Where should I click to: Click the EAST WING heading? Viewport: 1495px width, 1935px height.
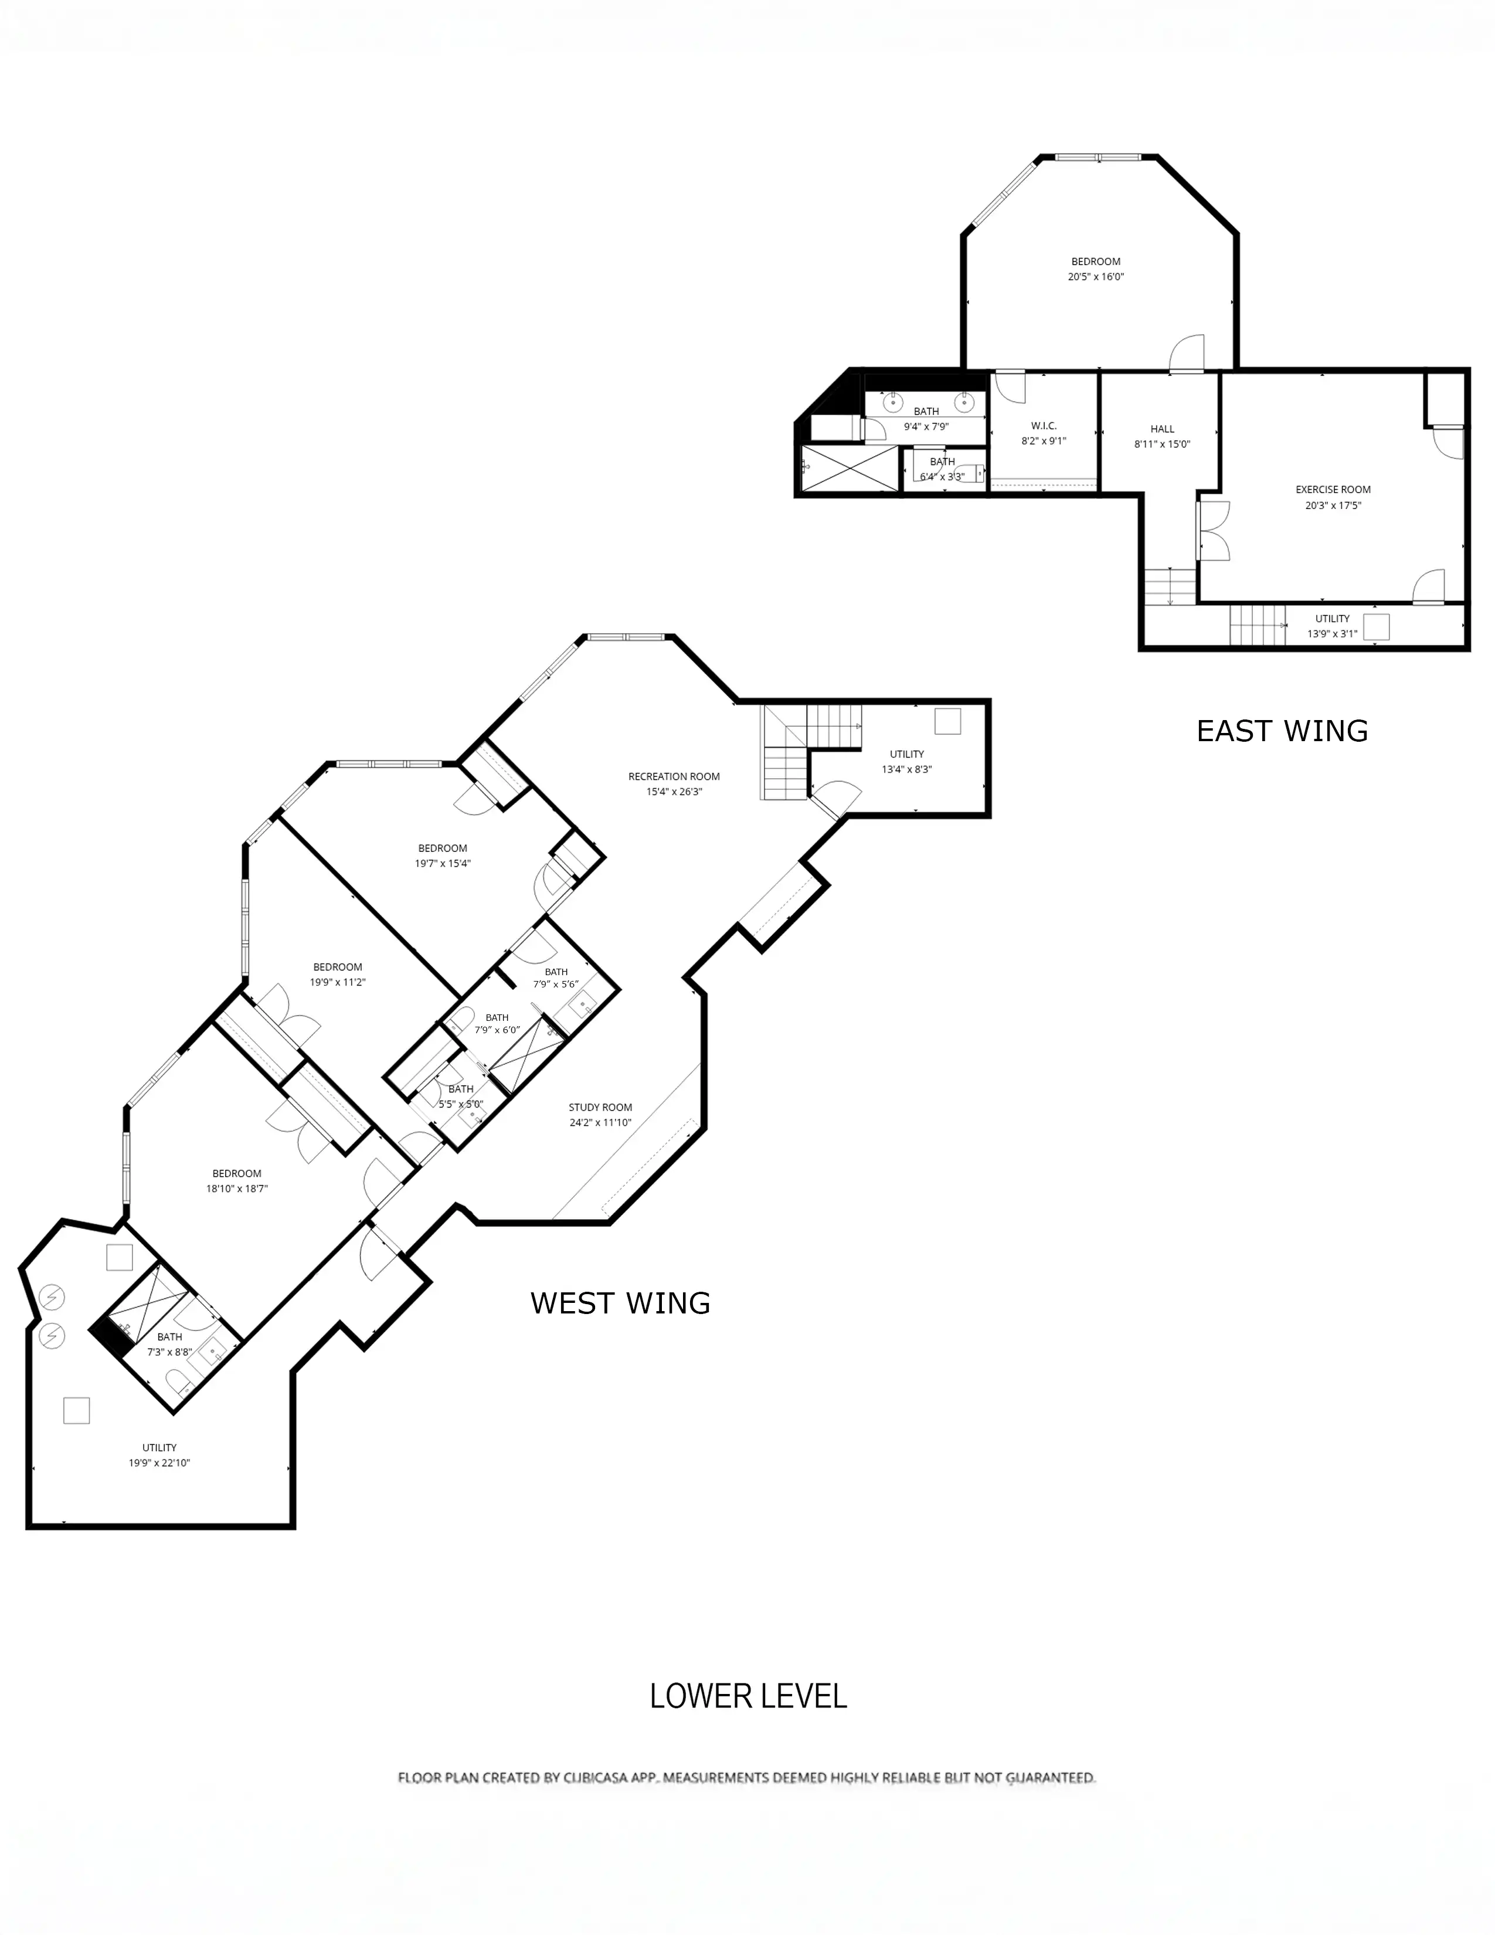tap(1282, 731)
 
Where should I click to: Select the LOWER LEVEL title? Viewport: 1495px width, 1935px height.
tap(749, 1696)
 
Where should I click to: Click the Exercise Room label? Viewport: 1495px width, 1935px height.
tap(1333, 489)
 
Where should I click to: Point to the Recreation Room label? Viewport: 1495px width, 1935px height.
tap(674, 777)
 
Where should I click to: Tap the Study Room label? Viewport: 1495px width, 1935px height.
tap(600, 1108)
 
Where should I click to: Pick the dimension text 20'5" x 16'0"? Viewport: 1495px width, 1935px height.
tap(1096, 276)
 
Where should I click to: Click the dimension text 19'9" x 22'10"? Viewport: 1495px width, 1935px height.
tap(159, 1463)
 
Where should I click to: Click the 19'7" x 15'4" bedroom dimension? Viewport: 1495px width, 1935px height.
tap(443, 863)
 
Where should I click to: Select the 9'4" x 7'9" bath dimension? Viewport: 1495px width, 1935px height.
tap(926, 426)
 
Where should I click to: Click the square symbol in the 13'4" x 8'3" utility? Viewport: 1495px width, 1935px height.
tap(947, 721)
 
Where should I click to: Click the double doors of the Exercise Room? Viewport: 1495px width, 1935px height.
tap(1214, 531)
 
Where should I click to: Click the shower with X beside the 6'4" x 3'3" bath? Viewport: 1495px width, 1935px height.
tap(850, 468)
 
